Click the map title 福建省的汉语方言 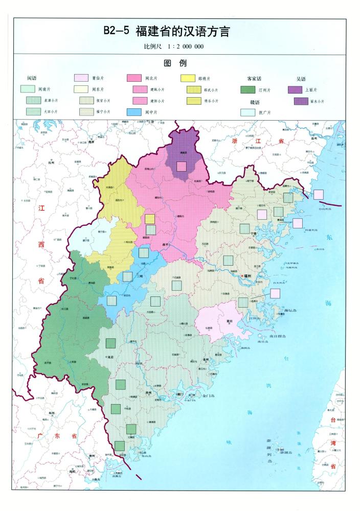pos(182,32)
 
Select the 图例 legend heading pos(175,63)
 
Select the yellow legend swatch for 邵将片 pos(188,79)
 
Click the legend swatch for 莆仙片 pos(81,79)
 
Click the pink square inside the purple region pos(181,166)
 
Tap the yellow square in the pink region pos(150,219)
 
